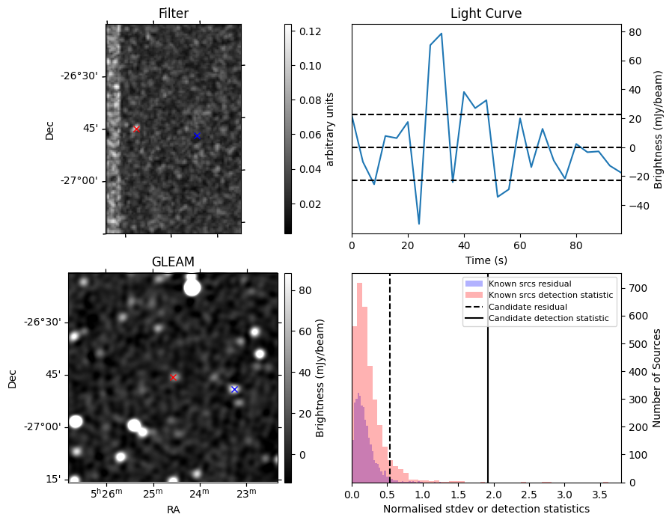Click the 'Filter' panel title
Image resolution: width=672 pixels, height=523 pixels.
(173, 13)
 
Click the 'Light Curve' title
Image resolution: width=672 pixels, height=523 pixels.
(486, 13)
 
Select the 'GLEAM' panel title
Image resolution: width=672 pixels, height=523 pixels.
(173, 262)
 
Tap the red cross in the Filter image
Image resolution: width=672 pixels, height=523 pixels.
(136, 129)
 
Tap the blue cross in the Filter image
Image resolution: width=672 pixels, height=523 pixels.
(197, 135)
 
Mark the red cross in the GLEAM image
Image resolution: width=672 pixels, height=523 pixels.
(173, 377)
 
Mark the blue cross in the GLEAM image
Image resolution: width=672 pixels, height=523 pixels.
(234, 389)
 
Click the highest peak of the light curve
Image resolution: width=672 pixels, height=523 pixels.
(442, 34)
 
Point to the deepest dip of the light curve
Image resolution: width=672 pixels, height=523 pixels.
(419, 224)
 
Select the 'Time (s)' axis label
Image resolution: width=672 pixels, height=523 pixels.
(486, 259)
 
